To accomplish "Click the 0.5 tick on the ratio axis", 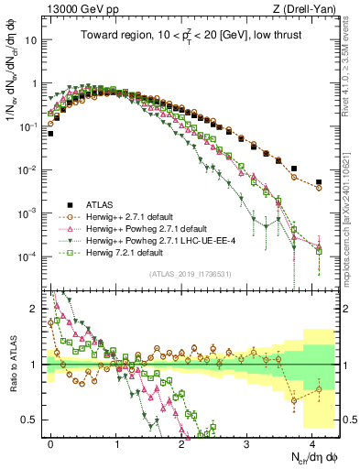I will [x=29, y=420].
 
